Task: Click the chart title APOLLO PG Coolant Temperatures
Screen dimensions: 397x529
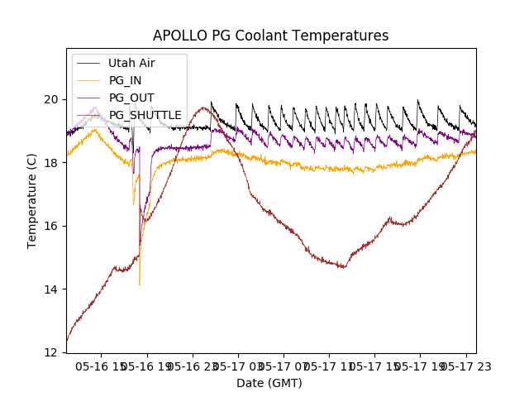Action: click(x=270, y=36)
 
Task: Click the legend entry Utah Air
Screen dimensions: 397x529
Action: click(x=131, y=63)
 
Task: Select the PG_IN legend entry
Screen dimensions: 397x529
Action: click(x=125, y=80)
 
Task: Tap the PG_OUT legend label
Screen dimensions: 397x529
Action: click(x=131, y=98)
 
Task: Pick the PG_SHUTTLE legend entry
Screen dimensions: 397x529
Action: click(x=145, y=115)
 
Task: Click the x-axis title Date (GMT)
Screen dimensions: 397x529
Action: click(x=269, y=383)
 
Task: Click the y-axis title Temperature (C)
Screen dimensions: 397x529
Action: click(x=32, y=200)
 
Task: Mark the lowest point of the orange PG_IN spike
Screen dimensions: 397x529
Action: click(x=139, y=285)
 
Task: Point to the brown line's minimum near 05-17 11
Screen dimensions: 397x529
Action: click(x=343, y=267)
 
